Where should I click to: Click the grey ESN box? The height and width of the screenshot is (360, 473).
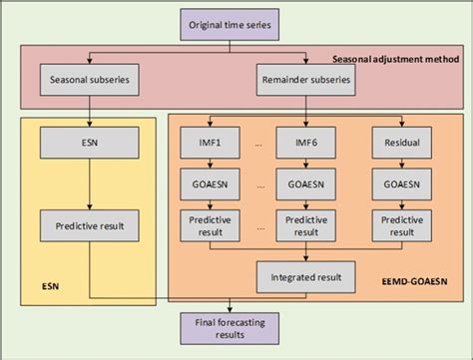coord(91,145)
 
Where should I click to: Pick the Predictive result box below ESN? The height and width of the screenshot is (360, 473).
coord(91,225)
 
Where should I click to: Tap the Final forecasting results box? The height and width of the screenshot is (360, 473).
coord(231,328)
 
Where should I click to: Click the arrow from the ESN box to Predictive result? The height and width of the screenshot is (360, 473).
coord(91,184)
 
